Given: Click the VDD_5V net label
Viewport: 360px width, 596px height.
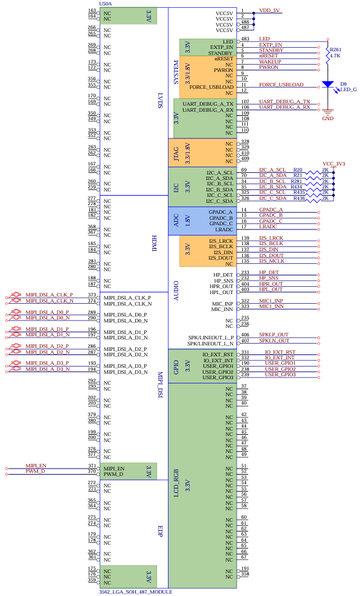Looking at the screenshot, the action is tap(269, 10).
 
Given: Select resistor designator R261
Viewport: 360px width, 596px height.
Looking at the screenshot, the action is tap(335, 50).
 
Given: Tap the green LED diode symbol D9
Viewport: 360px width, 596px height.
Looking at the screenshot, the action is tap(328, 85).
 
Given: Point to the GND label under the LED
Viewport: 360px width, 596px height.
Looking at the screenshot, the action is tap(328, 118).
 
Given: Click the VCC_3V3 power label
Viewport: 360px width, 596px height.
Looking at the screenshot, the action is tap(334, 164).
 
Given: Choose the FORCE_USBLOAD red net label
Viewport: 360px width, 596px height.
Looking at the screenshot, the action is tap(281, 85).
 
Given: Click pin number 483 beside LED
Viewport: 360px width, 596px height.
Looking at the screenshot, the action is tap(245, 39).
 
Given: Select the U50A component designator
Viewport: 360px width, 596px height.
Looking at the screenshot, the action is tap(106, 4).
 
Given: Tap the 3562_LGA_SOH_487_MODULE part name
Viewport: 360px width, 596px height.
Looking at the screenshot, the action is tap(136, 592).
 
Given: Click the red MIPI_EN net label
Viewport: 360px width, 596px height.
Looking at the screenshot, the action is tap(36, 466).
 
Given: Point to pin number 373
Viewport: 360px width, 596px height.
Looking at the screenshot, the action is tap(92, 295).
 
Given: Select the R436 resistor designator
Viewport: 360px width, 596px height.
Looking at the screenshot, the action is tap(299, 199).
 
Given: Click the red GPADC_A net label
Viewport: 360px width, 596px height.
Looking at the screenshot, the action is tap(271, 210).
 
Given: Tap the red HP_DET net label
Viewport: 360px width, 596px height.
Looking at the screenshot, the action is tap(269, 272).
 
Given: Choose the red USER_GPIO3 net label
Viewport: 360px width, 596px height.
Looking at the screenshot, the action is tap(280, 374).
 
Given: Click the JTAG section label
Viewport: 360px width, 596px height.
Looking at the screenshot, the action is tap(176, 154).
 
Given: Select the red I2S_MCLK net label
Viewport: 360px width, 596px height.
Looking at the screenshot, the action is tap(271, 261).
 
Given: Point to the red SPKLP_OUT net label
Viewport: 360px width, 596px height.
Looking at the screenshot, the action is tap(274, 335).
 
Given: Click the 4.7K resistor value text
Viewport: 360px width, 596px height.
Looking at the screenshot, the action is tap(335, 56).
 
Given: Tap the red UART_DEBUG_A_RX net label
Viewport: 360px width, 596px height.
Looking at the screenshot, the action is tap(284, 107).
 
